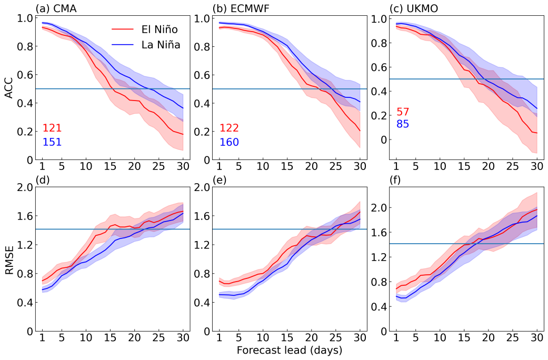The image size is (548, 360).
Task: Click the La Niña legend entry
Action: pyautogui.click(x=161, y=45)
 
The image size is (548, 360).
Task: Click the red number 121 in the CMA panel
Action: pyautogui.click(x=52, y=128)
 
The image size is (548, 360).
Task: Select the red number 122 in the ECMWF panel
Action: pyautogui.click(x=230, y=128)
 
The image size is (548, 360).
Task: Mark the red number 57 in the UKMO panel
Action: pyautogui.click(x=403, y=112)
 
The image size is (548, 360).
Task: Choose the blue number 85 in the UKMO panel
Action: pyautogui.click(x=403, y=125)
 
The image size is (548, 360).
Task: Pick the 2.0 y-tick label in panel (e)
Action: pyautogui.click(x=202, y=187)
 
